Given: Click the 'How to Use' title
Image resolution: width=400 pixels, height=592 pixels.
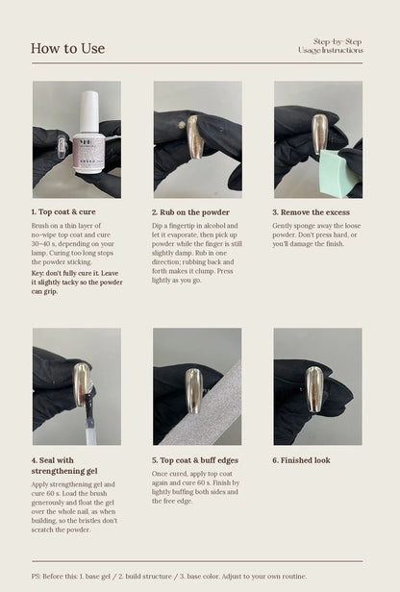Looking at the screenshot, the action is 67,48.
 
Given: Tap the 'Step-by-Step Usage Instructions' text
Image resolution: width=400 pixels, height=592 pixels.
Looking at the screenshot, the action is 331,46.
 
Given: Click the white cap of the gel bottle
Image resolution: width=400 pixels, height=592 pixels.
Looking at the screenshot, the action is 89,111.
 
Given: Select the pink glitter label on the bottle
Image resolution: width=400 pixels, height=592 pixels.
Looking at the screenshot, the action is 87,153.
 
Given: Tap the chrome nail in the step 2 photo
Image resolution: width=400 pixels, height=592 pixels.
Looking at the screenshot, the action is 194,136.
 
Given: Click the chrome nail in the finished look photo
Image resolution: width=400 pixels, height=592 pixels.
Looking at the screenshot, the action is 313,389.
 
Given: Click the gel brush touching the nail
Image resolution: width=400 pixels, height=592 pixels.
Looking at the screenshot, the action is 89,413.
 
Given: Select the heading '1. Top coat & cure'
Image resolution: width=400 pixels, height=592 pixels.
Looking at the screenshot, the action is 63,211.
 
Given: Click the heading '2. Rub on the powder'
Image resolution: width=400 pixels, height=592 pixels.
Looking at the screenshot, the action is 190,212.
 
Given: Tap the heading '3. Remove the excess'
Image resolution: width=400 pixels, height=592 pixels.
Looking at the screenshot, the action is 312,212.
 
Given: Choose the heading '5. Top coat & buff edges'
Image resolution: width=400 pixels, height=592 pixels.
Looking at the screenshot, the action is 195,460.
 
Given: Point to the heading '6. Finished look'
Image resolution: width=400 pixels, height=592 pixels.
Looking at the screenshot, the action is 301,460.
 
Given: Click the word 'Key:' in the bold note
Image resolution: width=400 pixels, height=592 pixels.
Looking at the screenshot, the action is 37,273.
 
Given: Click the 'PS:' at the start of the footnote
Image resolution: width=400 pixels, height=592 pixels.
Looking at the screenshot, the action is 37,577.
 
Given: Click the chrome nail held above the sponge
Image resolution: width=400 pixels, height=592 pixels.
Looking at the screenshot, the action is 319,134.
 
